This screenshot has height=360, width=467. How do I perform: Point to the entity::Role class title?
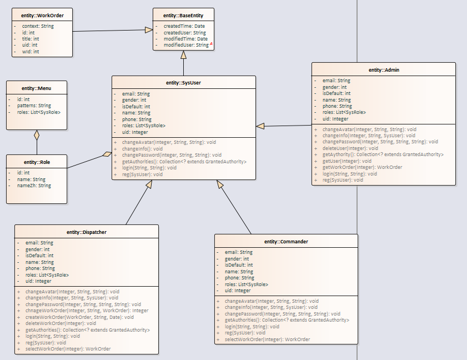(x=37, y=162)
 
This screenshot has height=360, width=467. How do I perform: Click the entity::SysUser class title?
(x=183, y=82)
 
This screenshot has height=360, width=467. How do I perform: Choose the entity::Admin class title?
(x=384, y=70)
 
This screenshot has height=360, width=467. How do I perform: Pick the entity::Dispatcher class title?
(x=86, y=232)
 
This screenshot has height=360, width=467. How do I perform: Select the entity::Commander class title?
(x=286, y=242)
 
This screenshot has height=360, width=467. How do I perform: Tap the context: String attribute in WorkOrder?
(x=38, y=26)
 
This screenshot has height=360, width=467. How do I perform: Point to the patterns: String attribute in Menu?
(x=34, y=106)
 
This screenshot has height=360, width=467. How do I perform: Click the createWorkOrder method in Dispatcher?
(x=79, y=317)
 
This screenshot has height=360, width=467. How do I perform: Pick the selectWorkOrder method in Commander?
(x=267, y=339)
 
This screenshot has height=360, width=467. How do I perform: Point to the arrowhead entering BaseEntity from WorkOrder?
(x=149, y=29)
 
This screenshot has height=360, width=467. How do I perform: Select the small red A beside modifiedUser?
(x=212, y=44)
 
